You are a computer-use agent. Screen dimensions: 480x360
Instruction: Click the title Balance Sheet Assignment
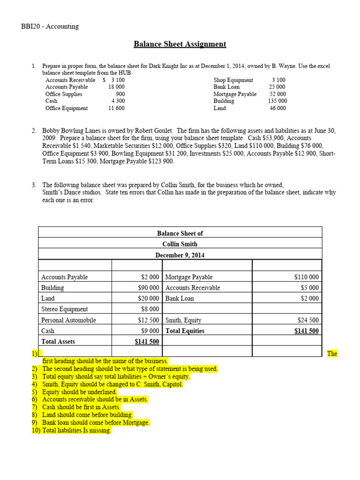180,44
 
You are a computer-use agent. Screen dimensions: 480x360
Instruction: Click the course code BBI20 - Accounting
50,26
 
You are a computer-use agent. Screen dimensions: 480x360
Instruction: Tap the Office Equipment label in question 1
67,108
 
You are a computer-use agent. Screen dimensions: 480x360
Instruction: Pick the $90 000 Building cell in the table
148,288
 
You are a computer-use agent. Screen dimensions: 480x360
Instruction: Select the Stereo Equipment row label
64,309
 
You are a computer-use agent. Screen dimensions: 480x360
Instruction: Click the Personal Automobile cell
68,320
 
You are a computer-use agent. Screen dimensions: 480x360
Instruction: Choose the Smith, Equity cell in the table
183,320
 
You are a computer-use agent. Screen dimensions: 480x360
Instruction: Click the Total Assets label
58,341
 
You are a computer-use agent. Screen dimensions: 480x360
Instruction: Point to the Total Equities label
185,330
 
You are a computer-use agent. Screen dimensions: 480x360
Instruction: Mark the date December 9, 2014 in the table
180,255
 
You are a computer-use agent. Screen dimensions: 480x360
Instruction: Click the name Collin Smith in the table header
180,244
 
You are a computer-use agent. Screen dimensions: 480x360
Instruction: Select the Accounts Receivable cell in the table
193,288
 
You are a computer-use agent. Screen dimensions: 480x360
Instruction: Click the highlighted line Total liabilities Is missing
76,430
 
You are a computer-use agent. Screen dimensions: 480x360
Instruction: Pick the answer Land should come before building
87,415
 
